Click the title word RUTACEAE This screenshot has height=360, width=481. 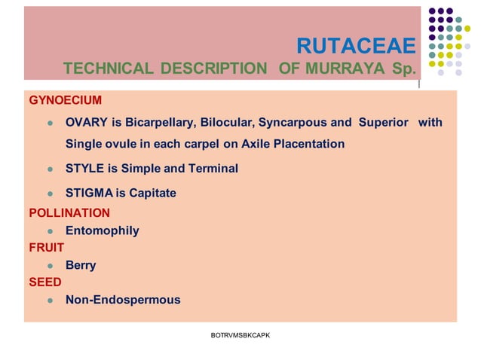[x=355, y=47]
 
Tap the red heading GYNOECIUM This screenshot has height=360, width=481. [x=65, y=100]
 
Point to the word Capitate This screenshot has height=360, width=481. [x=152, y=193]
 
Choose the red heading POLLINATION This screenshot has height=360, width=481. [x=69, y=213]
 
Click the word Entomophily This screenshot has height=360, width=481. [x=102, y=230]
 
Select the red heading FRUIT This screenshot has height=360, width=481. [x=47, y=247]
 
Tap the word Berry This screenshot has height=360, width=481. [x=81, y=265]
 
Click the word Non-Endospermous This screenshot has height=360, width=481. [x=123, y=300]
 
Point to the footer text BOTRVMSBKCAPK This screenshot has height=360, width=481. [x=240, y=334]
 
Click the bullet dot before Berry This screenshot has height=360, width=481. [x=50, y=266]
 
